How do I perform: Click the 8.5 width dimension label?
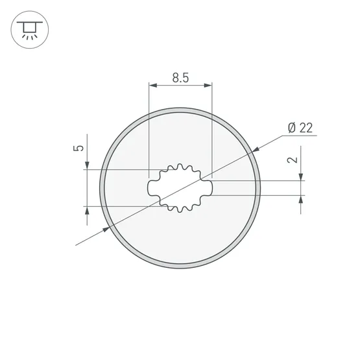pyautogui.click(x=180, y=78)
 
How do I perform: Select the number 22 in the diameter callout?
pyautogui.click(x=306, y=127)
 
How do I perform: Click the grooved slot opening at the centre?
pyautogui.click(x=180, y=188)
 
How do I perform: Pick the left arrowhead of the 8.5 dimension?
pyautogui.click(x=153, y=84)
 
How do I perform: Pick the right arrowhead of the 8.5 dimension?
pyautogui.click(x=208, y=84)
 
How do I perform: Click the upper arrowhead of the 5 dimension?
pyautogui.click(x=86, y=167)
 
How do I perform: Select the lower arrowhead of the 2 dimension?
pyautogui.click(x=302, y=199)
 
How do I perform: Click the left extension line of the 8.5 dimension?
pyautogui.click(x=149, y=130)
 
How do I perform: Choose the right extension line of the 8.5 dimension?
pyautogui.click(x=212, y=130)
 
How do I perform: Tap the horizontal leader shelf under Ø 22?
pyautogui.click(x=300, y=135)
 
